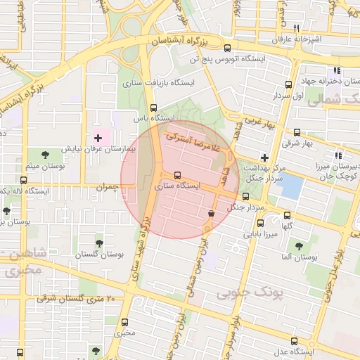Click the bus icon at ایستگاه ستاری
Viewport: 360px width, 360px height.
(x=176, y=175)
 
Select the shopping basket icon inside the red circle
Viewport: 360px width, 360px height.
(x=211, y=213)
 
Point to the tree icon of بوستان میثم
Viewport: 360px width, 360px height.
(x=46, y=154)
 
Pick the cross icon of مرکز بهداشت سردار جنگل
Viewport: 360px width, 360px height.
(x=264, y=157)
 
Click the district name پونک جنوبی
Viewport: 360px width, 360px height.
(x=250, y=292)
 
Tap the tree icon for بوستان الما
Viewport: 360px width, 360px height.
(x=300, y=247)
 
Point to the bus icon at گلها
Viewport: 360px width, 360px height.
(x=287, y=215)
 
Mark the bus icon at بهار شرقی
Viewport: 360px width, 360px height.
(x=297, y=132)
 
